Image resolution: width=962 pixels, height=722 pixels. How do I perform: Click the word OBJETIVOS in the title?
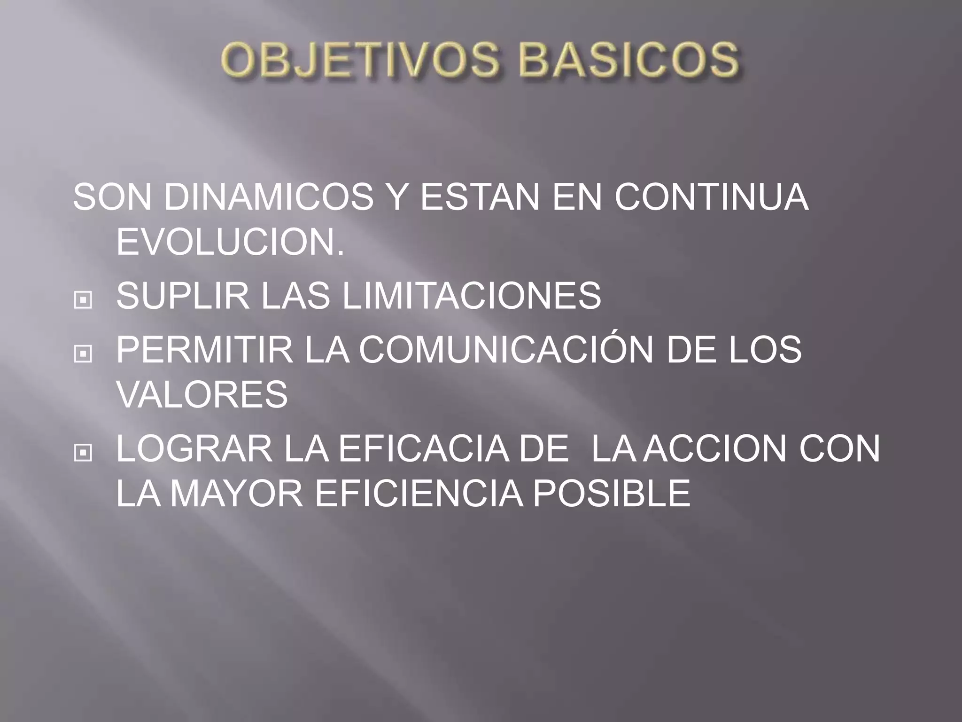coord(358,61)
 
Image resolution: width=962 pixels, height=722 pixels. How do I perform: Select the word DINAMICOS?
coord(268,197)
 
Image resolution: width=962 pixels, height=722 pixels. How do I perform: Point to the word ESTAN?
coord(480,197)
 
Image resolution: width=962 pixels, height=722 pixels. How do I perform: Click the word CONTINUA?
coord(711,197)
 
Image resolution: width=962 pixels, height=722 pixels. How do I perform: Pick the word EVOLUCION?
coord(230,242)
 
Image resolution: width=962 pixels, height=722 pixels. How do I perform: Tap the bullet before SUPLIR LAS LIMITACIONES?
coord(83,300)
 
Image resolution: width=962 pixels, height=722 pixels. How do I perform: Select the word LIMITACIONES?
coord(471,296)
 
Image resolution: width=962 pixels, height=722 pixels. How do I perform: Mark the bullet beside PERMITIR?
coord(83,354)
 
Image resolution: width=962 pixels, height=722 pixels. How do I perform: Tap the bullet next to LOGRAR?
coord(83,453)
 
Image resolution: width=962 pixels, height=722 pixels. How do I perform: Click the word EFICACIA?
coord(423,449)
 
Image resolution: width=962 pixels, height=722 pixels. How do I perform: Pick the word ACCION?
coord(714,449)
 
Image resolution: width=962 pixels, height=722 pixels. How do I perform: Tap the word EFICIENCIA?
coord(419,493)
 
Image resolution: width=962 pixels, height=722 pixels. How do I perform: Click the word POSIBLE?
coord(611,493)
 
